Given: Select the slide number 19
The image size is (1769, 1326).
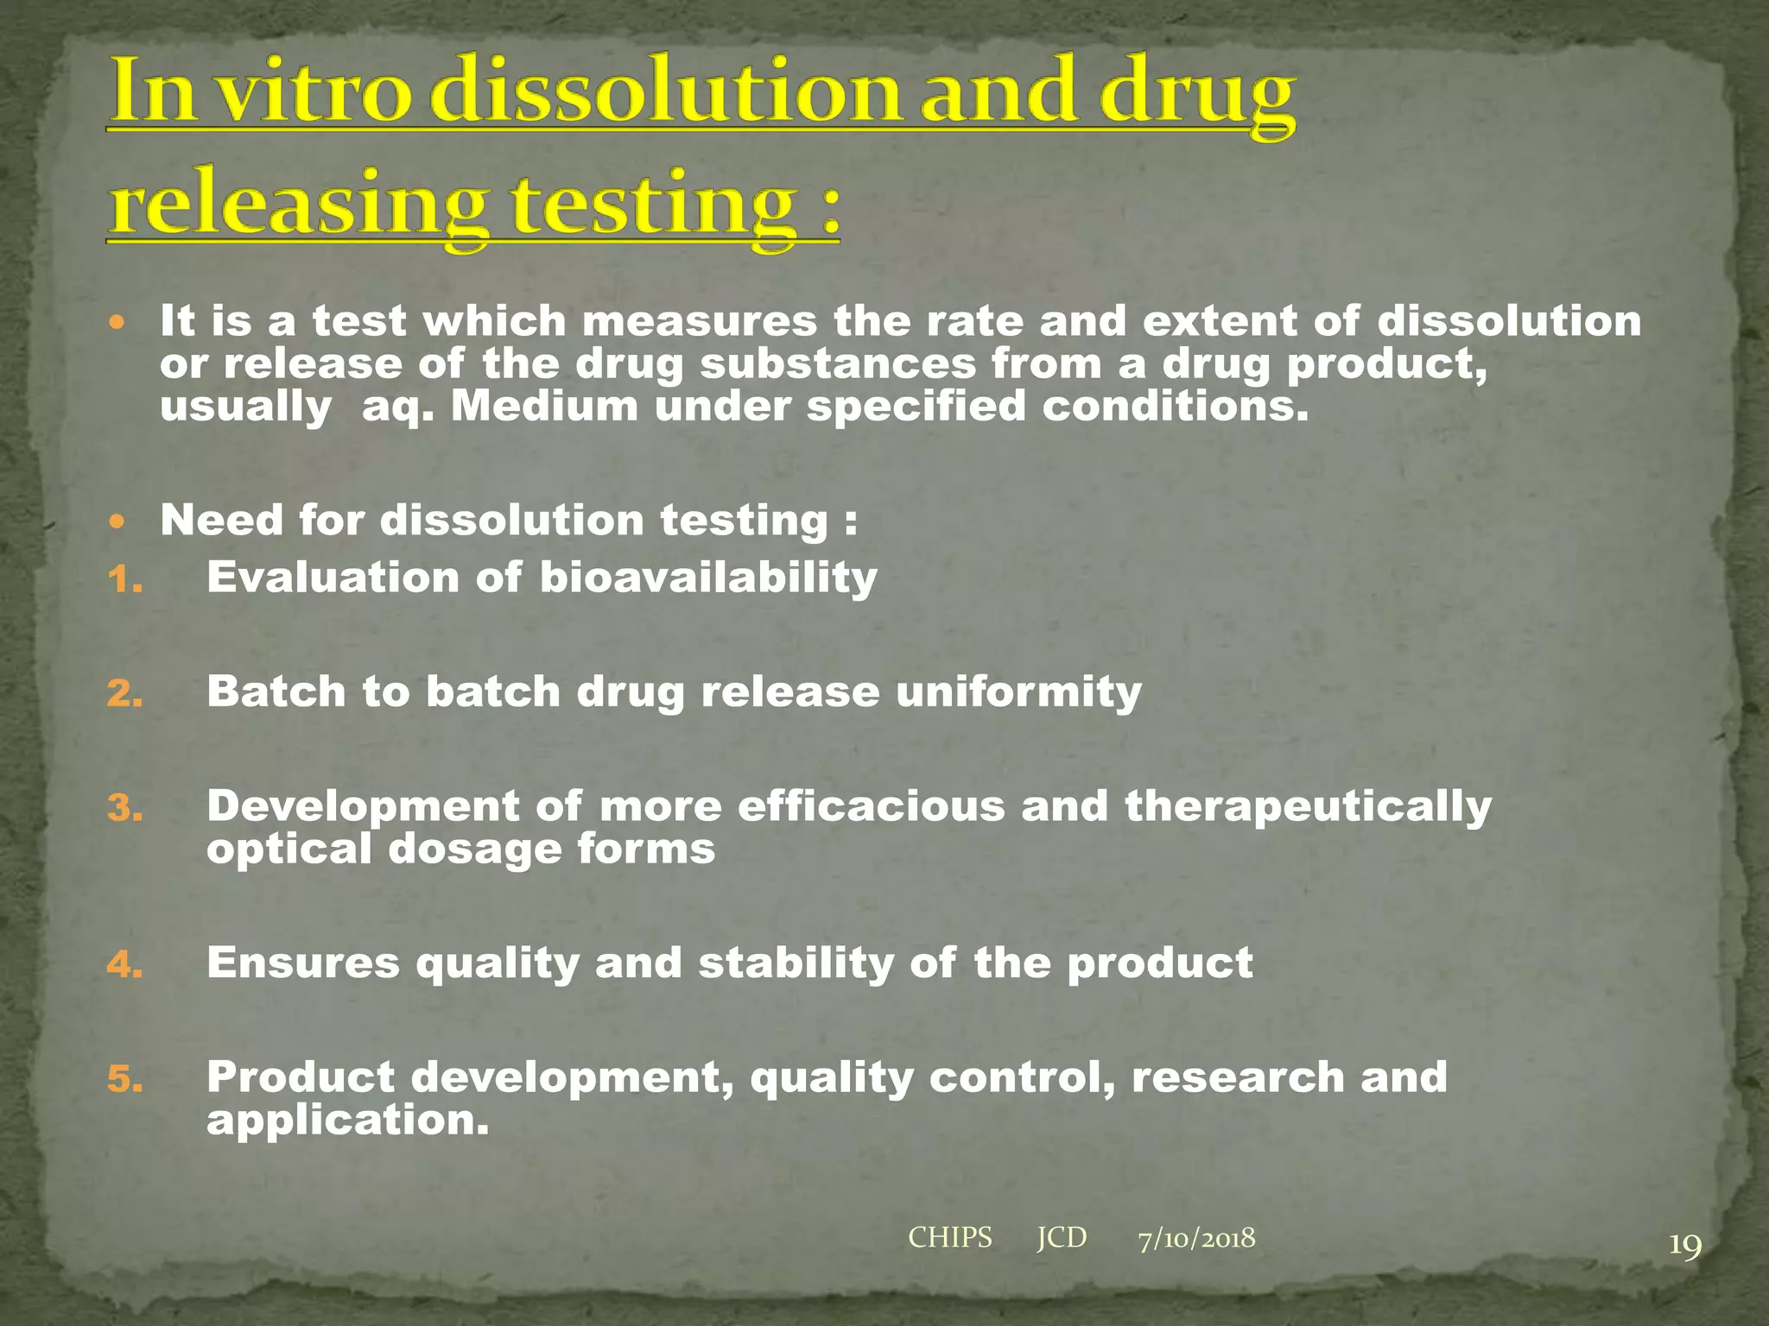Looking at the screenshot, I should [x=1684, y=1246].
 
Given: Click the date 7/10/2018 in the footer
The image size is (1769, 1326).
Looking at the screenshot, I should [x=1196, y=1239].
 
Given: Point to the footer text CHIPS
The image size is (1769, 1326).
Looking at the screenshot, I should [x=950, y=1238].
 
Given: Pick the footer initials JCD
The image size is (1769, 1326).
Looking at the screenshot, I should [x=1062, y=1238].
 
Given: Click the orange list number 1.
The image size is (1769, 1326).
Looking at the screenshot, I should [x=124, y=580].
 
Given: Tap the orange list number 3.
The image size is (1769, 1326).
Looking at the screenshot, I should [x=124, y=809].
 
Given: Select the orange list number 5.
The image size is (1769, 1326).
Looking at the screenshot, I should [x=124, y=1079].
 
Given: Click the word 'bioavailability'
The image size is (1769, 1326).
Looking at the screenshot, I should [x=708, y=578].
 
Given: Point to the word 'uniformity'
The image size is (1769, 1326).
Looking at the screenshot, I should [x=1018, y=693].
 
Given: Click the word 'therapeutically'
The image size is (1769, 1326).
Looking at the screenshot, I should [x=1308, y=808].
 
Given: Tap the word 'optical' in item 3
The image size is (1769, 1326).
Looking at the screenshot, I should [x=288, y=849].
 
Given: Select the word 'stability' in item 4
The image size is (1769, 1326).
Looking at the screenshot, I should [x=796, y=963].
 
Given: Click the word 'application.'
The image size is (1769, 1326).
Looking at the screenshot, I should [x=347, y=1121].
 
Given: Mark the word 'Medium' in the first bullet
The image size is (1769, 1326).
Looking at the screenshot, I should [x=544, y=406].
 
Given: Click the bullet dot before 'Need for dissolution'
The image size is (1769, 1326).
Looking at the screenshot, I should [x=118, y=521].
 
